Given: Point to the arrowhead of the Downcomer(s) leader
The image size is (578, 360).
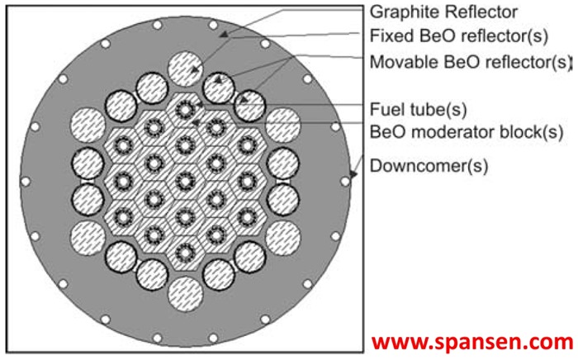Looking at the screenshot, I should [353, 176].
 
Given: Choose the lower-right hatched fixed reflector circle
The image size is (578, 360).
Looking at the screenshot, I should [282, 236].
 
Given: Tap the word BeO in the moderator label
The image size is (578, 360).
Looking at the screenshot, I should [388, 130].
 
